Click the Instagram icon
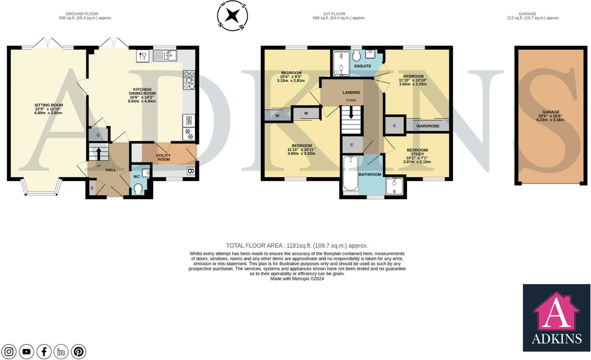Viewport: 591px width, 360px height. pos(9,352)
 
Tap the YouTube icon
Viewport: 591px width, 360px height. pos(26,352)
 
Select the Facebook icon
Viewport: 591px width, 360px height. pos(44,352)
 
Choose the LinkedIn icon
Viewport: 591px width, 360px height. pos(61,352)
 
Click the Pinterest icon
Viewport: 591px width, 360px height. pos(78,352)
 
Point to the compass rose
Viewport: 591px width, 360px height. pos(232,16)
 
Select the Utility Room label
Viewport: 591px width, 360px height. pos(163,157)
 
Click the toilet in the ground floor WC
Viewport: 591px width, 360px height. pos(138,189)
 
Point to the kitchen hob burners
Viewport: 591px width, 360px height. pos(189,80)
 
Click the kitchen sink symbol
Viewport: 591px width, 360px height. pos(165,56)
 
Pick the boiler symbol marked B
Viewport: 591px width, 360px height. pos(191,171)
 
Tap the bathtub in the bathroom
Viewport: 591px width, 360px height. pos(350,173)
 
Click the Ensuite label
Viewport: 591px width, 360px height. pos(362,66)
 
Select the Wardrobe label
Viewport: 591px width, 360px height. pos(428,126)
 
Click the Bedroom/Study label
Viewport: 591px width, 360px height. pos(417,152)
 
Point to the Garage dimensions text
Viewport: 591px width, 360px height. pos(550,118)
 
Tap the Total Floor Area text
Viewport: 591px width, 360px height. pos(297,246)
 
